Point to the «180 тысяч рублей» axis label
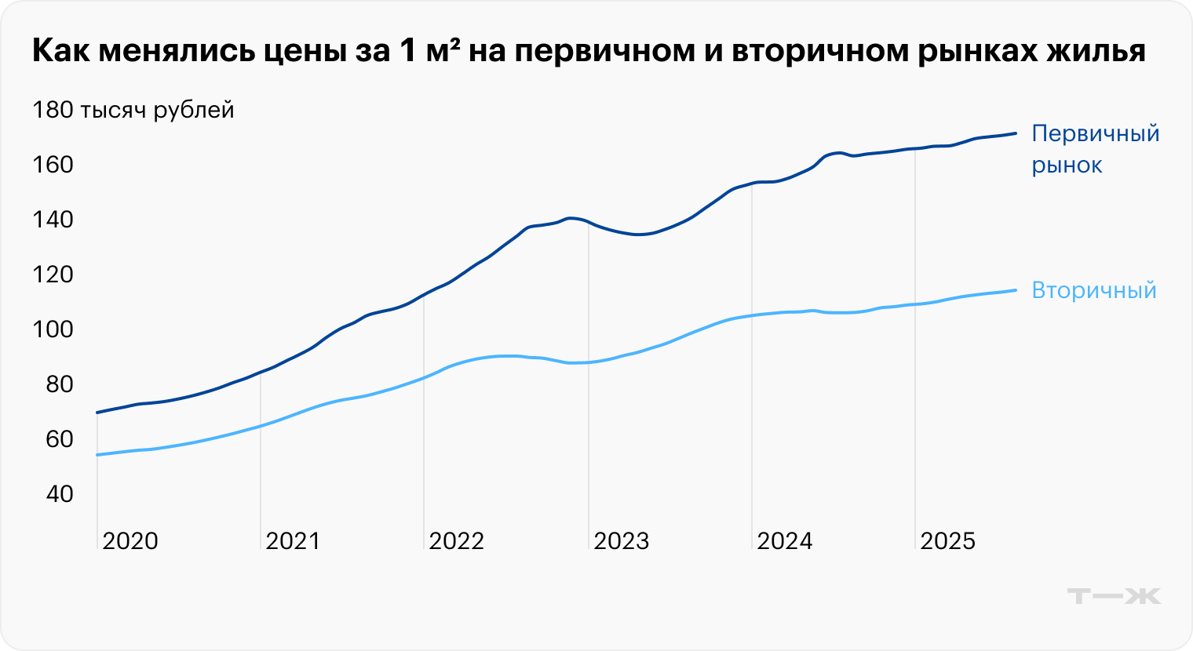pyautogui.click(x=133, y=110)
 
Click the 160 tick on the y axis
pyautogui.click(x=53, y=165)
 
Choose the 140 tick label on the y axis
pyautogui.click(x=53, y=220)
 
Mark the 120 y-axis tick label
pyautogui.click(x=53, y=275)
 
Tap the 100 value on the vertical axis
pyautogui.click(x=53, y=329)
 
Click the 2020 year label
pyautogui.click(x=130, y=541)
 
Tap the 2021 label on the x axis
pyautogui.click(x=294, y=541)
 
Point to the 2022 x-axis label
pyautogui.click(x=457, y=541)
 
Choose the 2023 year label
pyautogui.click(x=622, y=541)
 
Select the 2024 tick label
pyautogui.click(x=785, y=541)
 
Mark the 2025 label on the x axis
pyautogui.click(x=948, y=541)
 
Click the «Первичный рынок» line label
pyautogui.click(x=1095, y=149)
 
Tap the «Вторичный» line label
pyautogui.click(x=1094, y=290)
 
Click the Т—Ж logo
pyautogui.click(x=1114, y=596)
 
